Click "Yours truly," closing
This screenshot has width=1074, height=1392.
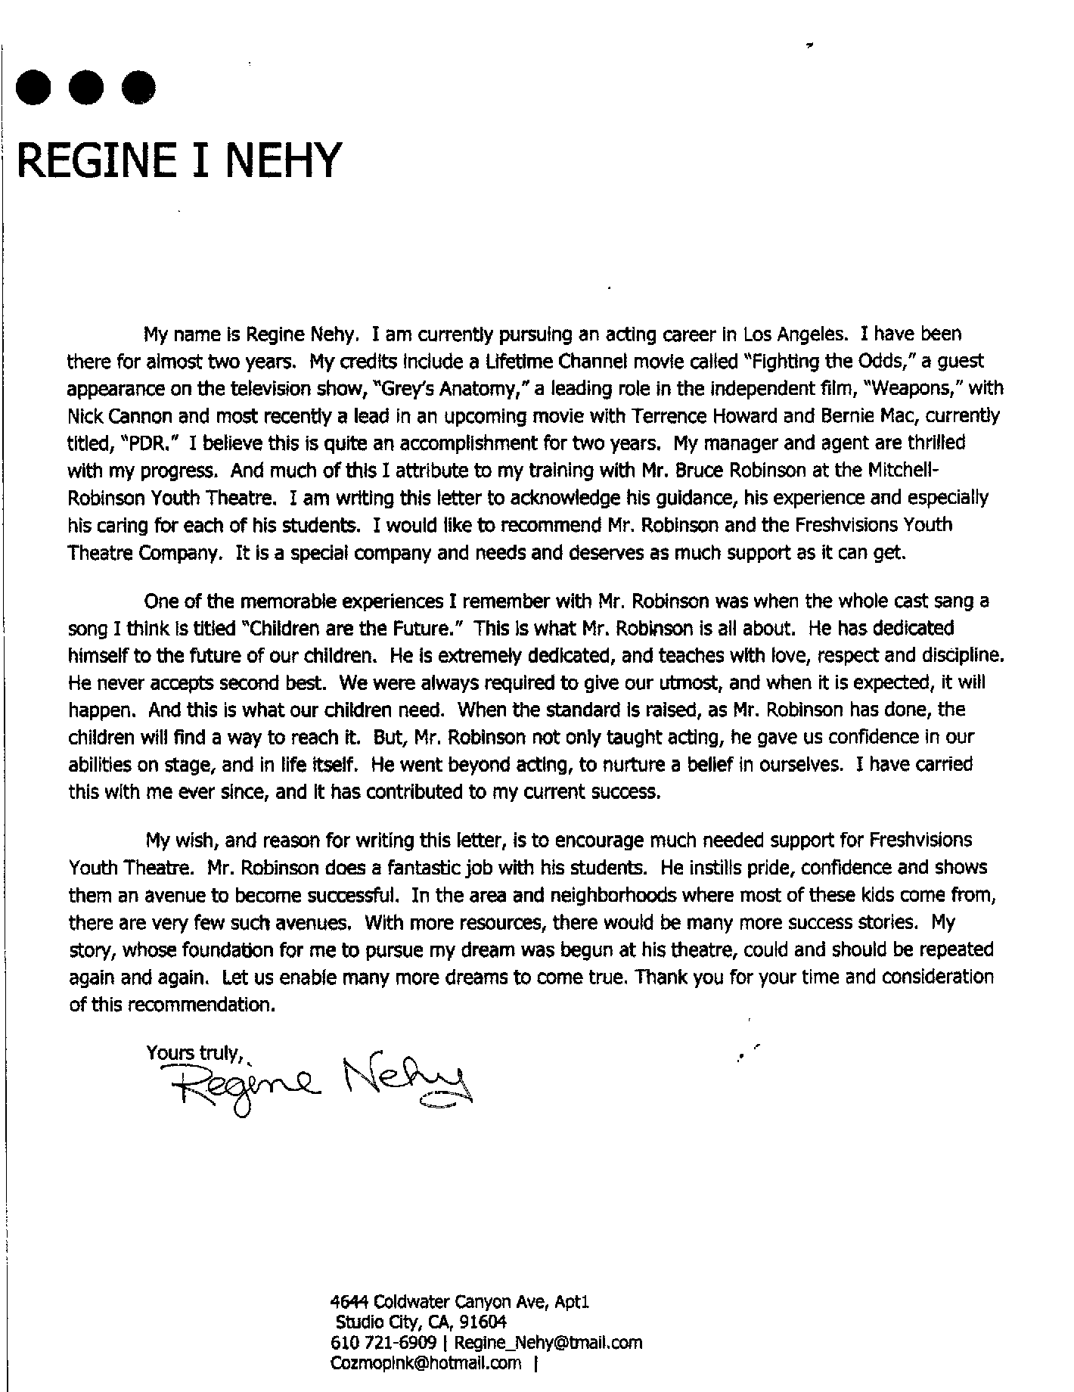pyautogui.click(x=194, y=1054)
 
